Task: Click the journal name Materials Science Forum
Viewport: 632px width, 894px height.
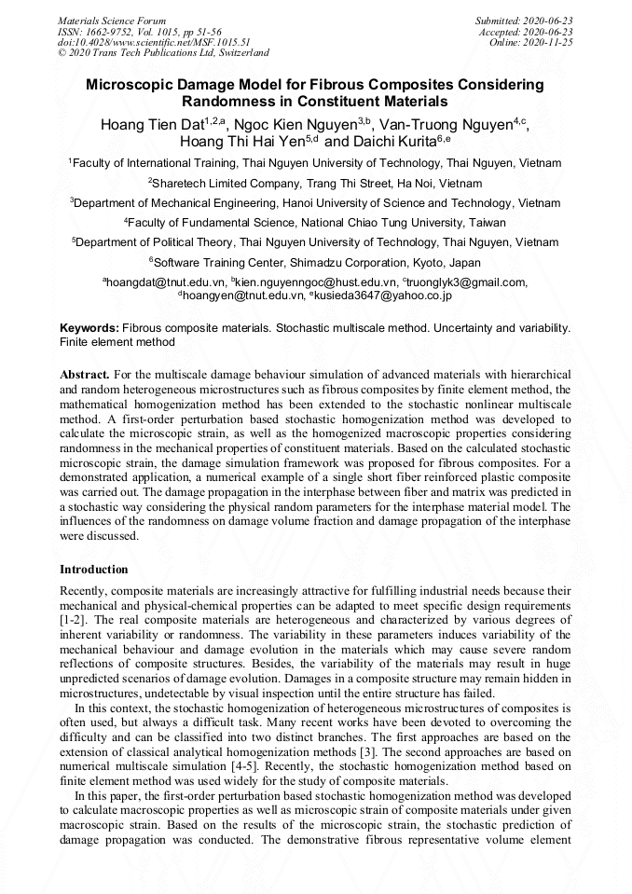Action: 112,20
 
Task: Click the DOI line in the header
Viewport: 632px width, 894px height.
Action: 153,42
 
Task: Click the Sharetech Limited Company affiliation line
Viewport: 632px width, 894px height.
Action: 317,183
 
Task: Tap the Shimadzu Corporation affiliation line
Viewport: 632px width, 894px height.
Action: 317,262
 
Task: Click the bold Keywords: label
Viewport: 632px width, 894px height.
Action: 89,329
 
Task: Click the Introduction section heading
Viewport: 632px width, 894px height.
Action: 93,569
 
